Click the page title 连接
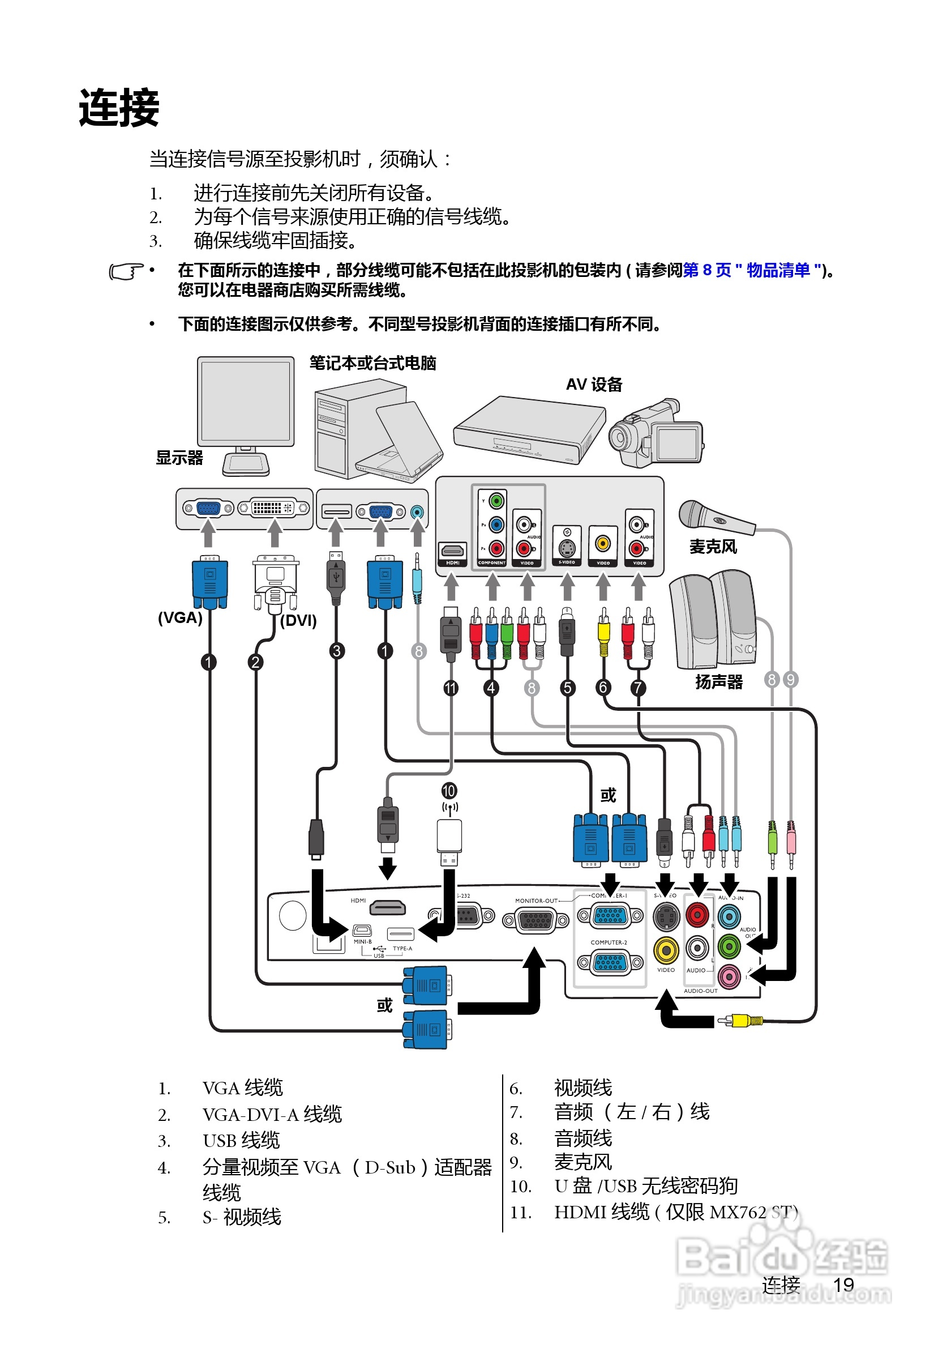[x=119, y=108]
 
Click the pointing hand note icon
[x=126, y=272]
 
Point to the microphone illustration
[x=714, y=517]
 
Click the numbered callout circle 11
[x=451, y=688]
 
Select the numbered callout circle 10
[x=449, y=791]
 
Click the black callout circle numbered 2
[x=255, y=662]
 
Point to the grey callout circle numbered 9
[x=790, y=680]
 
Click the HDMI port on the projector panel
[x=387, y=908]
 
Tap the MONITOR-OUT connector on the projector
[x=536, y=920]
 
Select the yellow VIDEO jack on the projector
[x=666, y=949]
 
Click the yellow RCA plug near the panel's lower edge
[x=740, y=1021]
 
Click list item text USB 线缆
[x=241, y=1141]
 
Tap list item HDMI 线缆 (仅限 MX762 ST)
[x=675, y=1212]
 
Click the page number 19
[x=843, y=1285]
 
